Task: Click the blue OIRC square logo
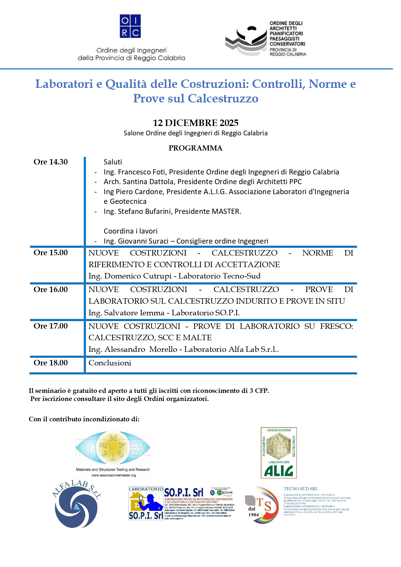point(130,26)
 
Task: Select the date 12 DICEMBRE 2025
point(195,123)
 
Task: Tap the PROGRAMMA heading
point(195,148)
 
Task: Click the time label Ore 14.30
point(51,162)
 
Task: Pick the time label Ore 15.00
point(51,253)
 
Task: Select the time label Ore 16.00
point(51,289)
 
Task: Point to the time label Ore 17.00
point(51,326)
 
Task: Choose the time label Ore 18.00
point(51,363)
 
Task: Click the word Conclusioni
point(110,363)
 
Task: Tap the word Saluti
point(113,162)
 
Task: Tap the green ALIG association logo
point(279,453)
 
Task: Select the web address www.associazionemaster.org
point(113,475)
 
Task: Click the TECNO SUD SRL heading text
point(301,489)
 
